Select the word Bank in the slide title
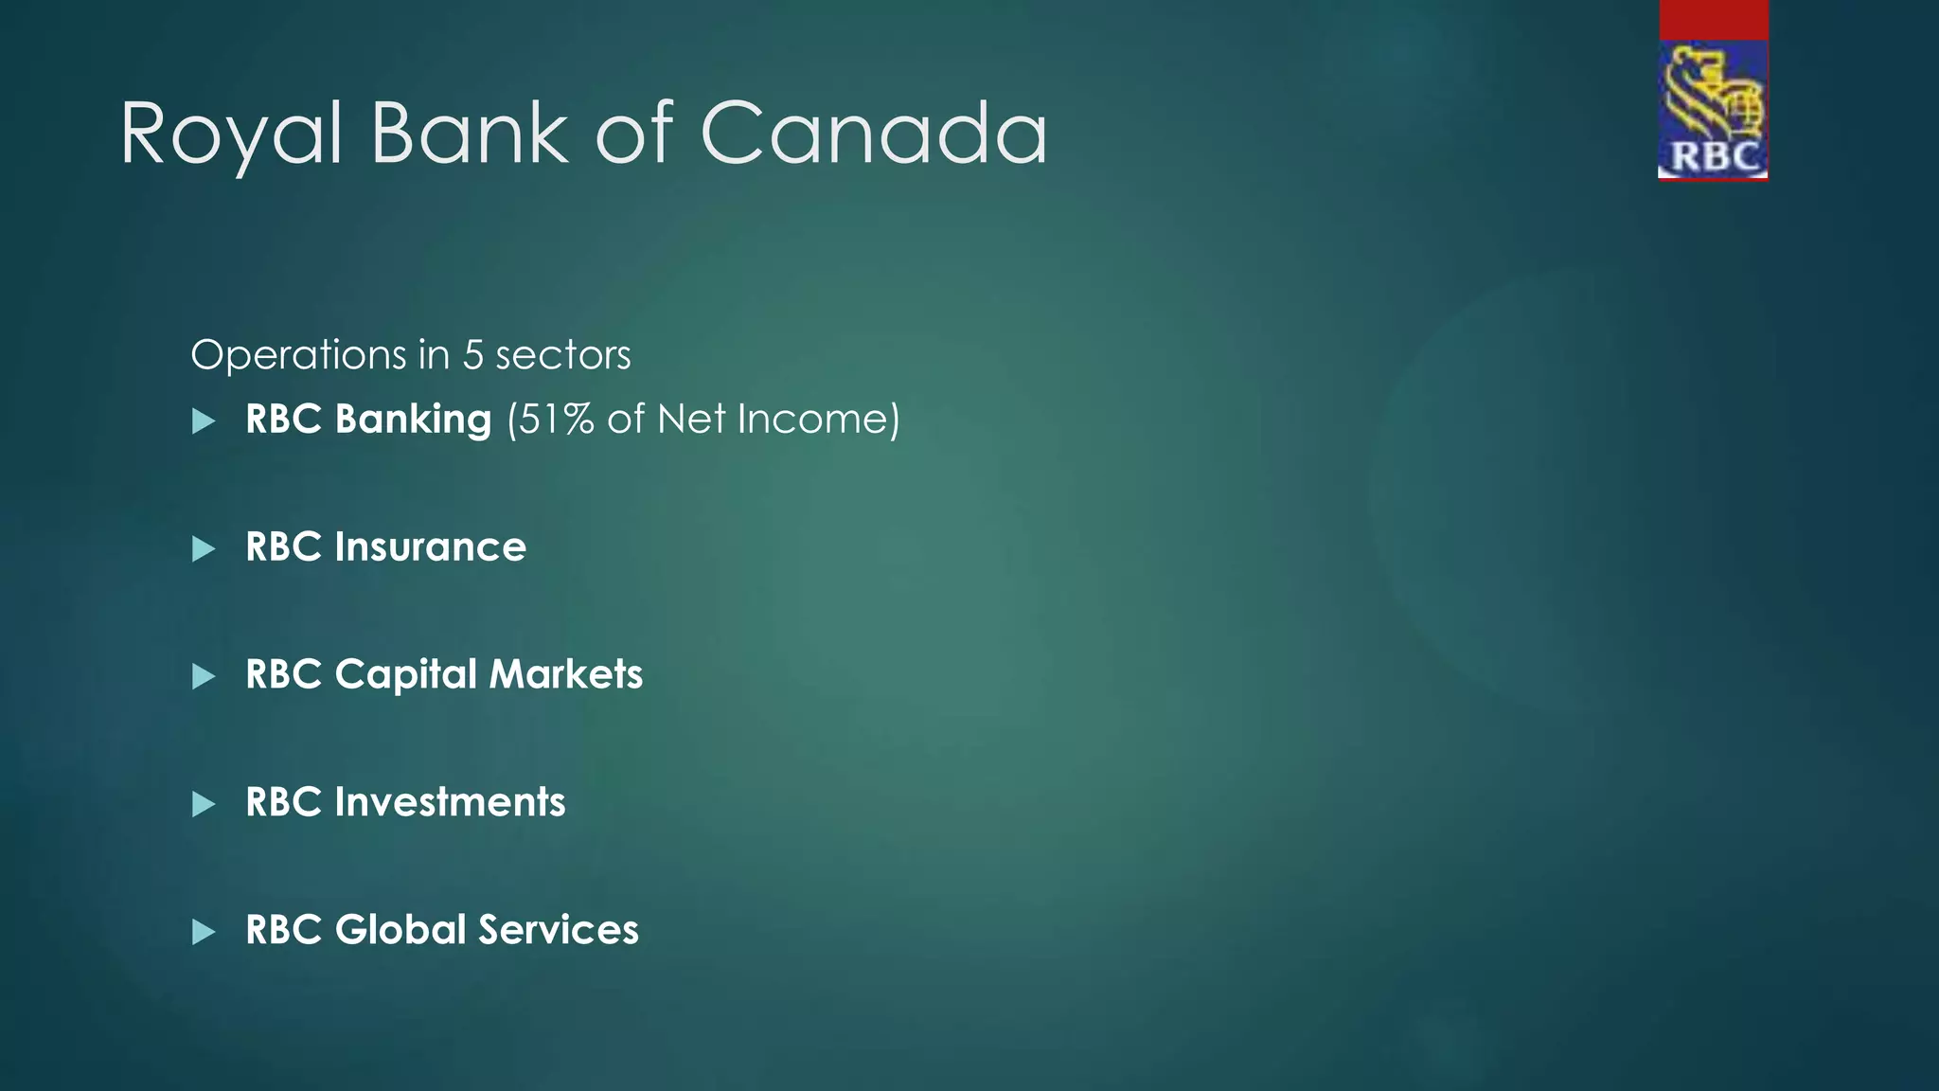click(470, 134)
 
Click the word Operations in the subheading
click(298, 356)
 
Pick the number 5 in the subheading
click(472, 356)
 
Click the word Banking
click(413, 420)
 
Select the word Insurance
click(430, 547)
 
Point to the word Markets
click(565, 675)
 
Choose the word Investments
click(450, 803)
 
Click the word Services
click(558, 930)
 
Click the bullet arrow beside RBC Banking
click(204, 421)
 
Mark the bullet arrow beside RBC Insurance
click(204, 549)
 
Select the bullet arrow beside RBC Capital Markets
click(204, 677)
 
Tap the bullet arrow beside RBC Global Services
click(204, 933)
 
